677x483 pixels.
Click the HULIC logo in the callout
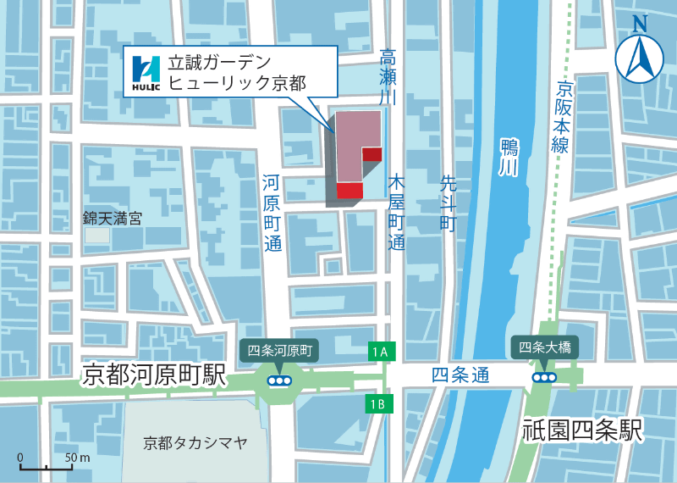[146, 72]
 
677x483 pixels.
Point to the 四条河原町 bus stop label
[278, 349]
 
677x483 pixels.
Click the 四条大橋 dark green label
[544, 347]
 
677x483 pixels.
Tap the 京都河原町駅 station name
[154, 375]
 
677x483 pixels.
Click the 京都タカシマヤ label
[195, 441]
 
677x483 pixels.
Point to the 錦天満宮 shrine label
[112, 218]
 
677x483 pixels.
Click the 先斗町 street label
[448, 203]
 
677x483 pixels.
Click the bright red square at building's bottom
[350, 191]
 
